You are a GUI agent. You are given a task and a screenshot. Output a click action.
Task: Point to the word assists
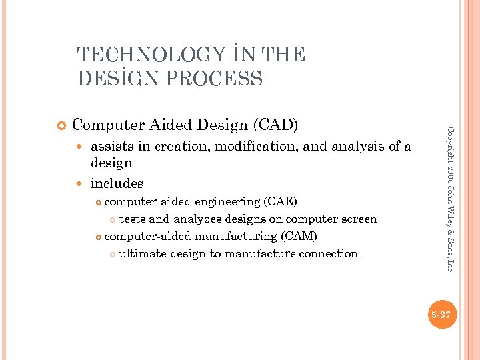click(x=112, y=147)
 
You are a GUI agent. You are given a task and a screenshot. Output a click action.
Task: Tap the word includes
click(x=117, y=183)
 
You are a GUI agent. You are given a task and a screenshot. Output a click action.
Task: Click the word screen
click(x=357, y=219)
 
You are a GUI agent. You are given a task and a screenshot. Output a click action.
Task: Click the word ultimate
click(x=143, y=253)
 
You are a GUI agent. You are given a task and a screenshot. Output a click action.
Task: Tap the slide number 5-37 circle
click(x=441, y=315)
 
